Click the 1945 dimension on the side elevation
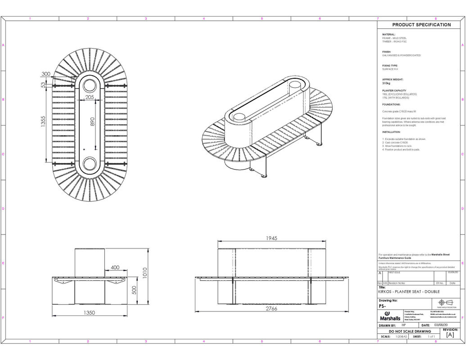click(271, 238)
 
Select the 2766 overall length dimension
click(271, 309)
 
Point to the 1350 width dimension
click(90, 312)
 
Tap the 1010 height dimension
click(145, 274)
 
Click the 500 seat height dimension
click(134, 290)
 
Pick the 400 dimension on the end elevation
click(115, 267)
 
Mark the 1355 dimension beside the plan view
click(43, 122)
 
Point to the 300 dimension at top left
click(46, 74)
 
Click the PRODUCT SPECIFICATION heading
click(421, 25)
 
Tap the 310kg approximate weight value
click(386, 83)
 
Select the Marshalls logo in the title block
click(389, 315)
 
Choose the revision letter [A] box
click(450, 335)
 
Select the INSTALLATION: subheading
click(391, 132)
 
